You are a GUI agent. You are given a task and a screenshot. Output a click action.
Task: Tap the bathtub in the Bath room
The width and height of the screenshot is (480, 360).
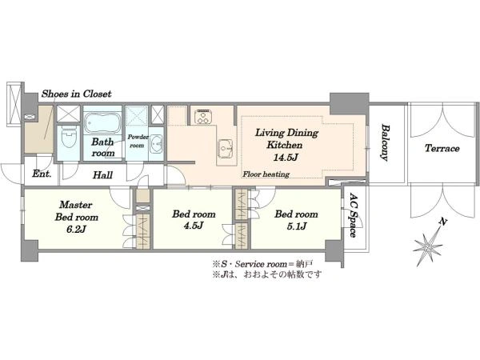click(x=102, y=122)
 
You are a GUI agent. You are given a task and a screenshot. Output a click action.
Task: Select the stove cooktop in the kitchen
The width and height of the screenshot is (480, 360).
click(x=203, y=116)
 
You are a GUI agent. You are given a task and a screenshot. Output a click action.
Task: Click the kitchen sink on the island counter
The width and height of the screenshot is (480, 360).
click(x=226, y=148)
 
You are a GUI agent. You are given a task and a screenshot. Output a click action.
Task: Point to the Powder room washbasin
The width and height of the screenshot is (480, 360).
click(x=158, y=144)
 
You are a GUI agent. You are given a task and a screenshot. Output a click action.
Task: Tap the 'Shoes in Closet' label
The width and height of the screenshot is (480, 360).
click(x=77, y=94)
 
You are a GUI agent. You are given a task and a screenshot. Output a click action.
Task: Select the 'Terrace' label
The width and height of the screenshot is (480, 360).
click(x=442, y=149)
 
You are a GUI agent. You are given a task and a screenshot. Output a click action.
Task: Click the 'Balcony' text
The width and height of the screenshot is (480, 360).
click(x=385, y=142)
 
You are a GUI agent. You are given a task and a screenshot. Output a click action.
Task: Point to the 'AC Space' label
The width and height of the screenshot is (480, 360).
click(x=354, y=215)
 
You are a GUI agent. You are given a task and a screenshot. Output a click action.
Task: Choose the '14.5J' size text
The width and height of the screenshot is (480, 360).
click(x=286, y=158)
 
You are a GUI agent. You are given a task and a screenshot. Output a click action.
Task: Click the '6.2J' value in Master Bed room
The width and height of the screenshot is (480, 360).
click(x=77, y=230)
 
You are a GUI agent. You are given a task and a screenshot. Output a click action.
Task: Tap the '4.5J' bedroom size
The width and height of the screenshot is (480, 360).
click(x=194, y=226)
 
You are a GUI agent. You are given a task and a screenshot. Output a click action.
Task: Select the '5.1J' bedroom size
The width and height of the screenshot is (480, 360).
click(x=296, y=226)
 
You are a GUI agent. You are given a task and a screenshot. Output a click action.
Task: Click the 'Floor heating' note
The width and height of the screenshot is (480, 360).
click(x=266, y=174)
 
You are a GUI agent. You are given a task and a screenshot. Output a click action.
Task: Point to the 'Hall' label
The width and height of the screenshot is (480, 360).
click(x=102, y=175)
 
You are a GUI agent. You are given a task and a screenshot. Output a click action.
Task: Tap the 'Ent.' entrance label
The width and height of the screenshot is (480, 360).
click(x=42, y=174)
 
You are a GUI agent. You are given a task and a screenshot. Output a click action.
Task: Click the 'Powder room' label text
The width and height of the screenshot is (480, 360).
click(x=138, y=141)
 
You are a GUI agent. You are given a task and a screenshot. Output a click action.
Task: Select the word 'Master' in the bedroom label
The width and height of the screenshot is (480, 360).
click(x=76, y=205)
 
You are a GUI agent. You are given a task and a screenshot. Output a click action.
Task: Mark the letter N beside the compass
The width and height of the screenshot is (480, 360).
click(x=441, y=222)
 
